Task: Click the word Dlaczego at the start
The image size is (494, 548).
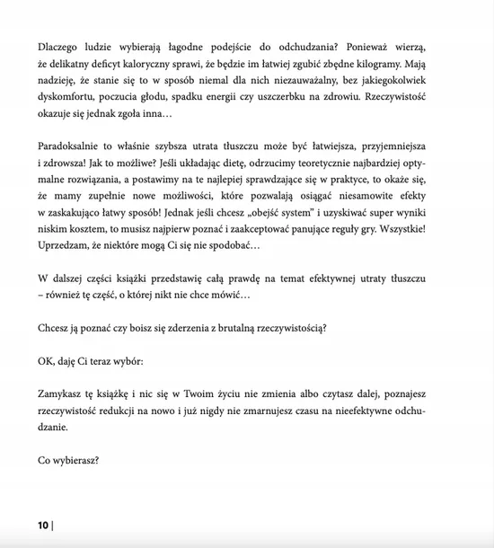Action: click(x=60, y=45)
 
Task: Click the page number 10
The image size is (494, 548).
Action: click(x=43, y=525)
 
